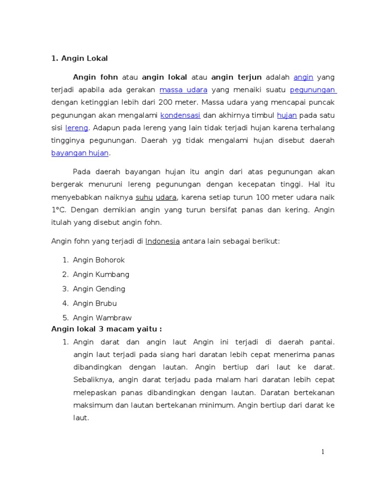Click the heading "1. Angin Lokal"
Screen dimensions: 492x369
coord(80,59)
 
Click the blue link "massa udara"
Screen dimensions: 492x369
coord(184,90)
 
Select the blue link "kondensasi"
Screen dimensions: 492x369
coord(180,115)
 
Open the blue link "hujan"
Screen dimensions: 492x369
coord(287,115)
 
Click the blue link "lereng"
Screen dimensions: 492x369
coord(76,128)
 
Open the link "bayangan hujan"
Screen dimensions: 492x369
coord(80,153)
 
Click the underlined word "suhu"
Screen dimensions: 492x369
coord(144,197)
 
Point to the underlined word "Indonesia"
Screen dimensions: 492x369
coord(162,241)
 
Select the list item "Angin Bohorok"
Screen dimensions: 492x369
coord(98,260)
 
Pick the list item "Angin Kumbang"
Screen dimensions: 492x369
coord(101,274)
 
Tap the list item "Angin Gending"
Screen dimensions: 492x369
coord(99,289)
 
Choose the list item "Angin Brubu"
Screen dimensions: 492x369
coord(95,303)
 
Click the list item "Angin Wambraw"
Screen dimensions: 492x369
coord(102,318)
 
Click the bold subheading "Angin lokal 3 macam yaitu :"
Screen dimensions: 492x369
coord(107,329)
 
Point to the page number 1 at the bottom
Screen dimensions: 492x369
coord(323,452)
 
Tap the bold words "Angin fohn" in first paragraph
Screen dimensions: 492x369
coord(95,77)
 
